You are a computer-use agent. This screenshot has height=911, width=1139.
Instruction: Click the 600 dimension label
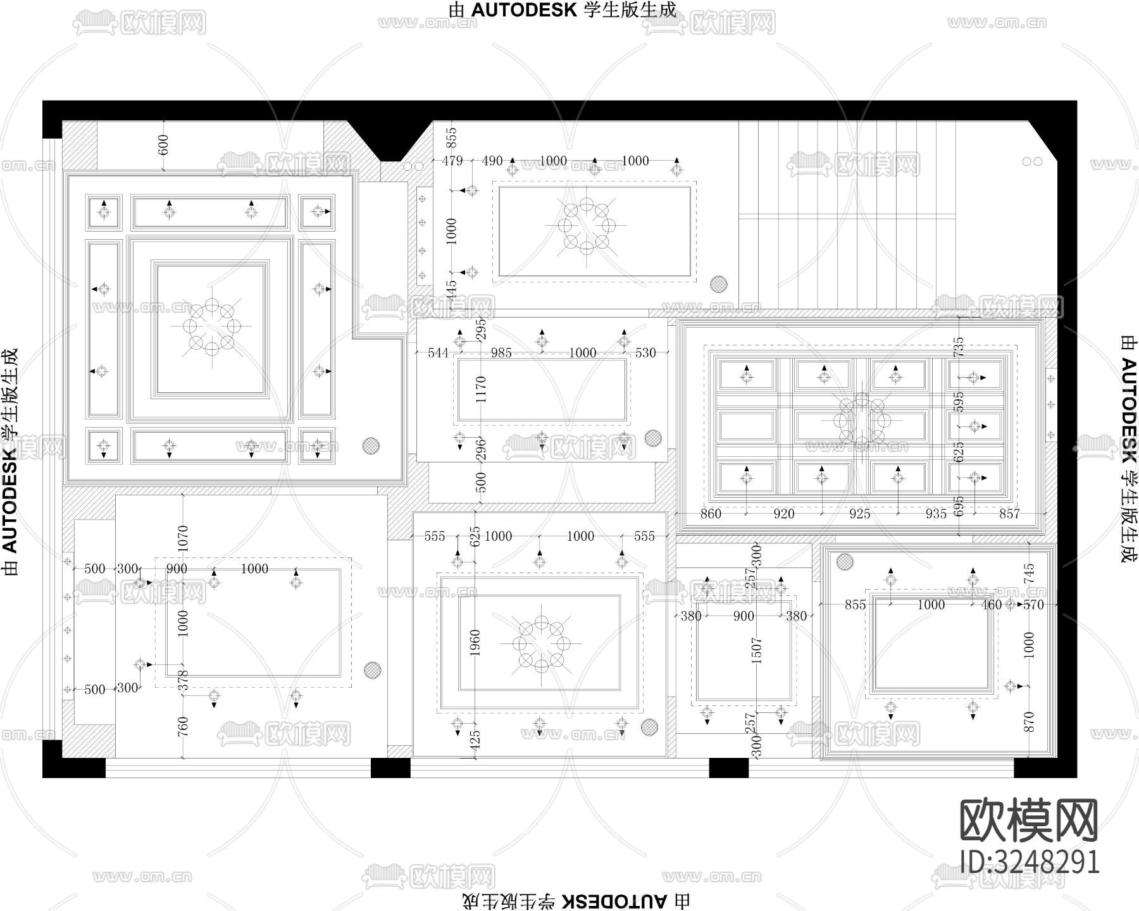coord(164,144)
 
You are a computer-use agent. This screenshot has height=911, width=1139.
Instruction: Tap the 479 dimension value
coord(452,161)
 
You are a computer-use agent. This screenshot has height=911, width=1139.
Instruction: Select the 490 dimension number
coord(492,161)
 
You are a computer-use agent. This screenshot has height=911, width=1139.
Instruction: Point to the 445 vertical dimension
coord(451,292)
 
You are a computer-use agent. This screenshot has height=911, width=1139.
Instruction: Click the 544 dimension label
coord(438,353)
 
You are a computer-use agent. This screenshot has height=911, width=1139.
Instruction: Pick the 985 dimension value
coord(501,353)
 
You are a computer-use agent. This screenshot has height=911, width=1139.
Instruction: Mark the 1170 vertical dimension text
coord(481,390)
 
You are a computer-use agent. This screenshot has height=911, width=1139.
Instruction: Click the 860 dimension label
coord(711,514)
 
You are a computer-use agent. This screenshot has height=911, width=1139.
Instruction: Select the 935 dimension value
coord(936,514)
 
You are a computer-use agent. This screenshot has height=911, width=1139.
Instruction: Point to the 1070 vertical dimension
coord(183,538)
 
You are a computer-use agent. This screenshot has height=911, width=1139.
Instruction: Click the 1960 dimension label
coord(475,643)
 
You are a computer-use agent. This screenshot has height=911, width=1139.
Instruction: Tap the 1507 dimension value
coord(756,651)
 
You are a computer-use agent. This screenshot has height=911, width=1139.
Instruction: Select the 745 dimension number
coord(1029,573)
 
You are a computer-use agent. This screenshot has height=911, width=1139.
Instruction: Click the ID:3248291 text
coord(1030,862)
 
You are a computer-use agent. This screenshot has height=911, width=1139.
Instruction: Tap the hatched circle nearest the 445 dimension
coord(718,284)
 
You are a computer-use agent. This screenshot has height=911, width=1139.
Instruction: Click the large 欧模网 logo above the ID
coord(1030,821)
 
